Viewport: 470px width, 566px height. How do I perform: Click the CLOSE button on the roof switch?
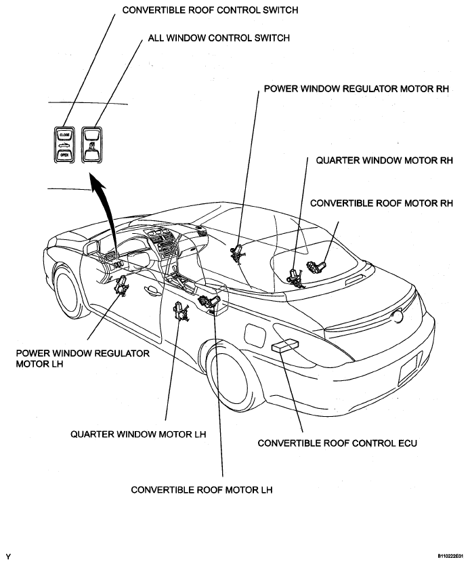(x=64, y=135)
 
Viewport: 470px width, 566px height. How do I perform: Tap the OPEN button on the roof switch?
(x=64, y=155)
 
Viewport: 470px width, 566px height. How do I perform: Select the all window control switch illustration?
(x=92, y=144)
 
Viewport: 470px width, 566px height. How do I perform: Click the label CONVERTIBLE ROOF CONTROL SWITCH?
(x=211, y=10)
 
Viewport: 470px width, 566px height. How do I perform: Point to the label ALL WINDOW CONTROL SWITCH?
(x=219, y=38)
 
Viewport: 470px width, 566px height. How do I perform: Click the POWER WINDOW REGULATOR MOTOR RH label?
(x=356, y=89)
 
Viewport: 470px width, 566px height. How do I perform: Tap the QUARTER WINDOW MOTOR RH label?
(x=385, y=160)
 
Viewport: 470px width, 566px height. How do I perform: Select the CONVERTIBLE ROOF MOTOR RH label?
(x=382, y=203)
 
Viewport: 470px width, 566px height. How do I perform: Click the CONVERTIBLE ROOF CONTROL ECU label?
(x=337, y=443)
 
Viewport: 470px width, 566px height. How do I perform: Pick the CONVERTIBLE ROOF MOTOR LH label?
(x=202, y=490)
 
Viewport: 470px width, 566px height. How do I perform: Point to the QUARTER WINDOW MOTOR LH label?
(x=138, y=434)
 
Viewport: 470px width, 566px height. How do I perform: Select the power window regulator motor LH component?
(x=121, y=285)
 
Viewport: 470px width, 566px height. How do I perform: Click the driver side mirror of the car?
(x=91, y=247)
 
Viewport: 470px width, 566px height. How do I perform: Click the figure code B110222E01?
(x=450, y=557)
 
